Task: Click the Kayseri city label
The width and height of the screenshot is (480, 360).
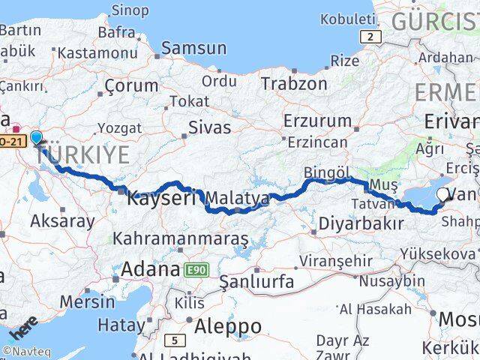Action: click(x=161, y=199)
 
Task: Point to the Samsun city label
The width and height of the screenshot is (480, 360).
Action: click(x=193, y=48)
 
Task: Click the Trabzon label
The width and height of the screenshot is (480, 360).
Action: click(x=294, y=83)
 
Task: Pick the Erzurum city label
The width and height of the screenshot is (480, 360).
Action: click(x=317, y=120)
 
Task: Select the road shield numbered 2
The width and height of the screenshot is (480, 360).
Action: click(x=370, y=37)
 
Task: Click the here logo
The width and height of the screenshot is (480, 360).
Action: click(x=24, y=328)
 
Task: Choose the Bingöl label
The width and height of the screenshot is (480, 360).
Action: click(x=327, y=173)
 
